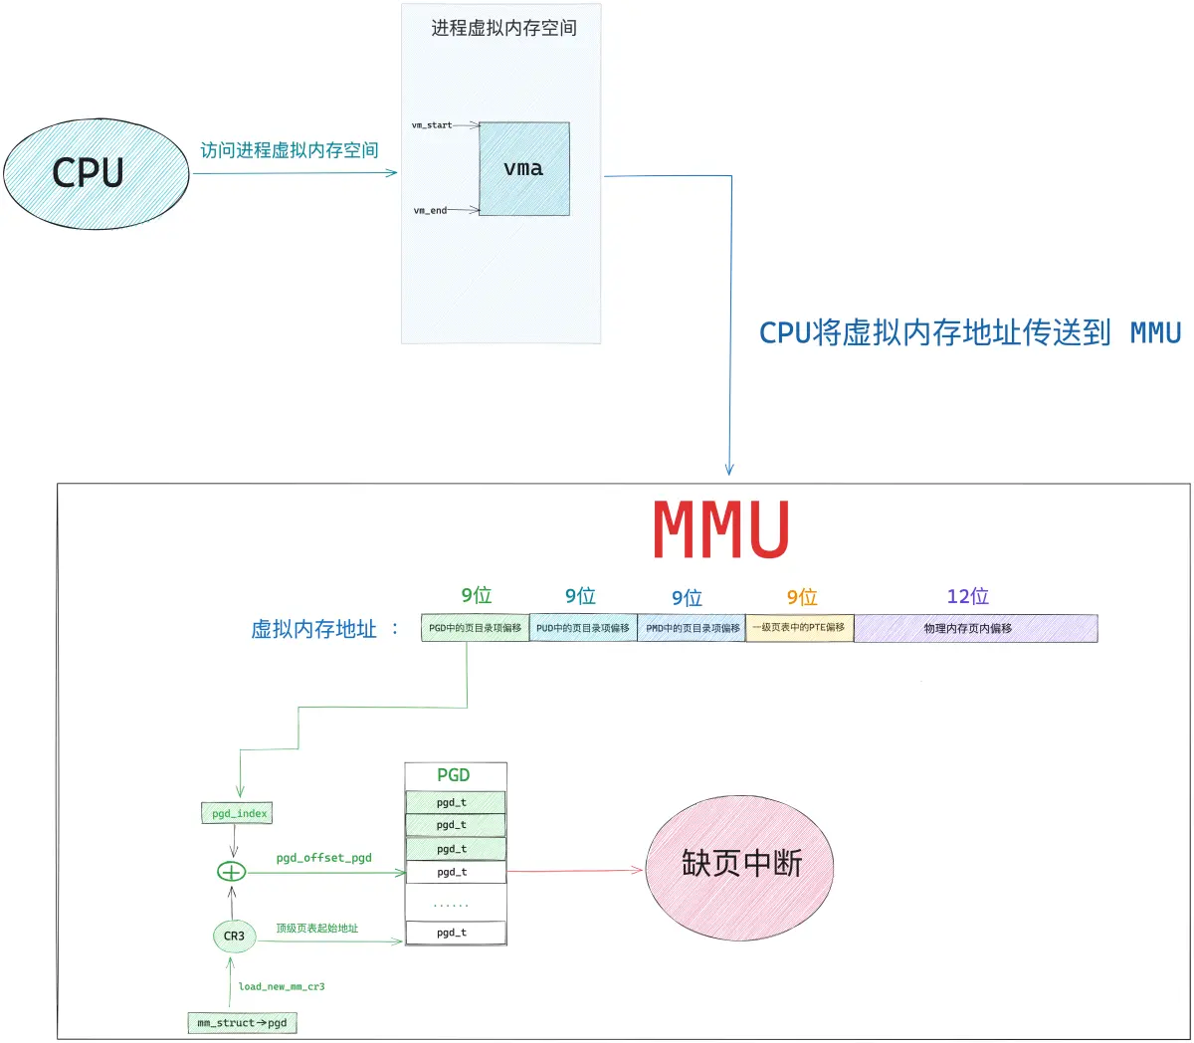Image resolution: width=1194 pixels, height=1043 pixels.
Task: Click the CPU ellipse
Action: click(x=97, y=173)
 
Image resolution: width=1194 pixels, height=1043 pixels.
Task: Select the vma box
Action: click(x=524, y=168)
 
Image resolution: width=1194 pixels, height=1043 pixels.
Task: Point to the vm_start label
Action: click(x=432, y=125)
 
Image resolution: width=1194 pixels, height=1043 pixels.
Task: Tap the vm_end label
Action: click(x=430, y=210)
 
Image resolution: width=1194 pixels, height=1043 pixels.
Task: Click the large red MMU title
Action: click(x=720, y=529)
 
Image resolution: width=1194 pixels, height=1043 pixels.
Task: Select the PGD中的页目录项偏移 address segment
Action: click(x=475, y=628)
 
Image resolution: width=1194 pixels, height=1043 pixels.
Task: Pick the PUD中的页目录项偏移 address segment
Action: click(x=583, y=628)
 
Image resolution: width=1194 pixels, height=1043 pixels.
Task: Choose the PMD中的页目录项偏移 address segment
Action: click(x=692, y=628)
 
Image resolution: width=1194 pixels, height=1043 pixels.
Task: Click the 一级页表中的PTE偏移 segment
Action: click(x=800, y=628)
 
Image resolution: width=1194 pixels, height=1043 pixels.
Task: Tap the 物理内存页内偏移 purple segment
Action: click(x=976, y=628)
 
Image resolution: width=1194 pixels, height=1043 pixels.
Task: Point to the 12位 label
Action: click(x=967, y=596)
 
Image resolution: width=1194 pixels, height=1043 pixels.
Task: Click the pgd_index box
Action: click(x=237, y=813)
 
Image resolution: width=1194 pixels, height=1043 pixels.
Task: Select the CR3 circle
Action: click(x=235, y=936)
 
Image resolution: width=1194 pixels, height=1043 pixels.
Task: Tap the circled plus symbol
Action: click(x=231, y=872)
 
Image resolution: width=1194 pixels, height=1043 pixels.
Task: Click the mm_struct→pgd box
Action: click(x=242, y=1022)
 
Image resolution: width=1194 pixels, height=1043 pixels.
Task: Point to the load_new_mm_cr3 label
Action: click(x=282, y=986)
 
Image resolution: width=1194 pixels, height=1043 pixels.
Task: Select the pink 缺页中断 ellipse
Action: click(x=739, y=868)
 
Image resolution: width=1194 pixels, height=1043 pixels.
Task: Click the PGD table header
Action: click(x=454, y=774)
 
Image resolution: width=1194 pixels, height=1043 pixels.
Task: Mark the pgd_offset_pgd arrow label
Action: click(x=324, y=858)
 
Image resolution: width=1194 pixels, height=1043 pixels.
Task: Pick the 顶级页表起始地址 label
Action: click(x=316, y=928)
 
